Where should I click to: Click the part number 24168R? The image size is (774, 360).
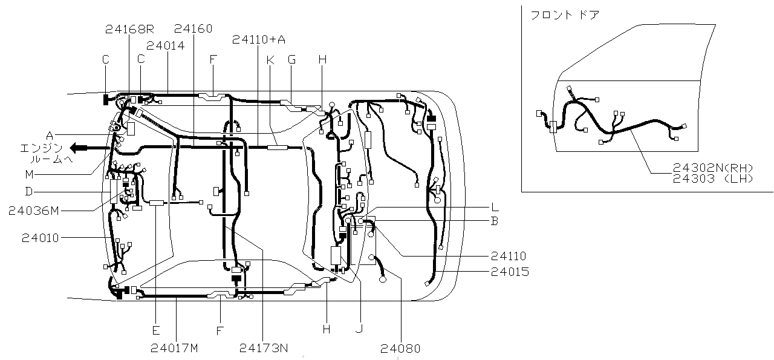click(x=129, y=29)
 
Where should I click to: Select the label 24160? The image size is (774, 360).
click(x=193, y=28)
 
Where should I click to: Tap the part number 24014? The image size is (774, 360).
click(x=166, y=45)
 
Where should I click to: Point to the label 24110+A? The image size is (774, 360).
click(x=259, y=39)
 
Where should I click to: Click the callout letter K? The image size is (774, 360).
click(x=270, y=60)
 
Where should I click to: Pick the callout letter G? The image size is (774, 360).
click(x=291, y=60)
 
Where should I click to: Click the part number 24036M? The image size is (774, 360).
click(x=34, y=211)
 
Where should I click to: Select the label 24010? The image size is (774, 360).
click(x=41, y=238)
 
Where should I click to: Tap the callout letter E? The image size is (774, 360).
click(x=156, y=330)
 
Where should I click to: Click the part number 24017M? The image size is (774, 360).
click(x=175, y=348)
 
